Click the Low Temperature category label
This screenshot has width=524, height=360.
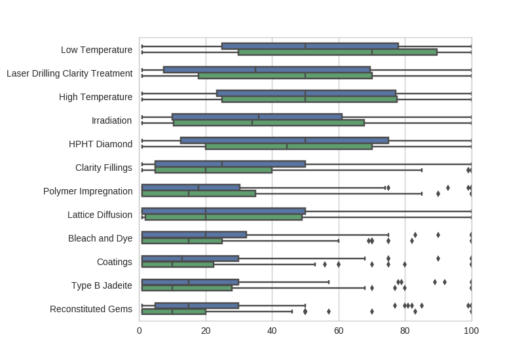point(96,50)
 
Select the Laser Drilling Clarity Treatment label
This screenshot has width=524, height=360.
point(69,73)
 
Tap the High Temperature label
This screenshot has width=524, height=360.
point(96,97)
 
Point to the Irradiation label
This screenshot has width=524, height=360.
point(112,120)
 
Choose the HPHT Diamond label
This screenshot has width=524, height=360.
point(100,144)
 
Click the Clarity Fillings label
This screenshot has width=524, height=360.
point(103,168)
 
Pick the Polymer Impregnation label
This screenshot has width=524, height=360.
point(88,191)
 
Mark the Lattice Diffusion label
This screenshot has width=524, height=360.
point(100,215)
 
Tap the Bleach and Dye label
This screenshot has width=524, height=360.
point(100,238)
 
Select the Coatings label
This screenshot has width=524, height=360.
point(115,262)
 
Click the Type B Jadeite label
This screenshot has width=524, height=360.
point(102,285)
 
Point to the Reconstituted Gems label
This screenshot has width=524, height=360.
point(91,309)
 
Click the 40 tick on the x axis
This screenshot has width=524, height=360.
point(272,331)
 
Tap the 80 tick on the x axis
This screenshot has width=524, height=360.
point(405,331)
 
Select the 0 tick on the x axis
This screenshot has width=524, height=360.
point(140,331)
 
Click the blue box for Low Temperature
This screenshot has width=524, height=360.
point(310,46)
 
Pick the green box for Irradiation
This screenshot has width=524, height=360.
point(269,122)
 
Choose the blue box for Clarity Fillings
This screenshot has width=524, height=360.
point(230,164)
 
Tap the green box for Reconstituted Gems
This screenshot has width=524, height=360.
point(174,312)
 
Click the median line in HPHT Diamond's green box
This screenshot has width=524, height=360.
point(287,147)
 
